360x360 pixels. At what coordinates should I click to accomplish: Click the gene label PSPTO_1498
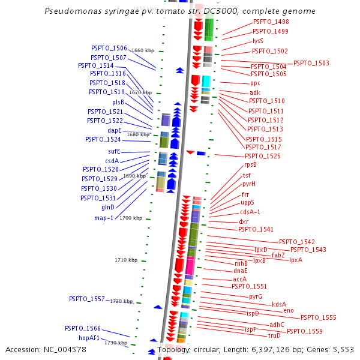(271, 22)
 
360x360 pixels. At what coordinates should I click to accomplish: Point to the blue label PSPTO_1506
(109, 48)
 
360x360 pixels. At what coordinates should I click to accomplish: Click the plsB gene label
(118, 102)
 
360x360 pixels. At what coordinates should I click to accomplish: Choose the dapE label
(115, 130)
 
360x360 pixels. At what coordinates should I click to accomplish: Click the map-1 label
(104, 218)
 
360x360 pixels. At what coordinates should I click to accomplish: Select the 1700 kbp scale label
(130, 218)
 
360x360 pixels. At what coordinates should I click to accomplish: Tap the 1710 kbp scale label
(126, 260)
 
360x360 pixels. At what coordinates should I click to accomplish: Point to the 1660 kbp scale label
(143, 50)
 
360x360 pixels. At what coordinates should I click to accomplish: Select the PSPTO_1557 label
(86, 299)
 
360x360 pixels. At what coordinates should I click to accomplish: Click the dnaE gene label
(240, 271)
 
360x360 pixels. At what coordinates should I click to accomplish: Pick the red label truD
(274, 335)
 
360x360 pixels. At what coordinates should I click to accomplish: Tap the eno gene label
(289, 310)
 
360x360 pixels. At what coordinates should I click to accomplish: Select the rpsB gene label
(250, 164)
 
